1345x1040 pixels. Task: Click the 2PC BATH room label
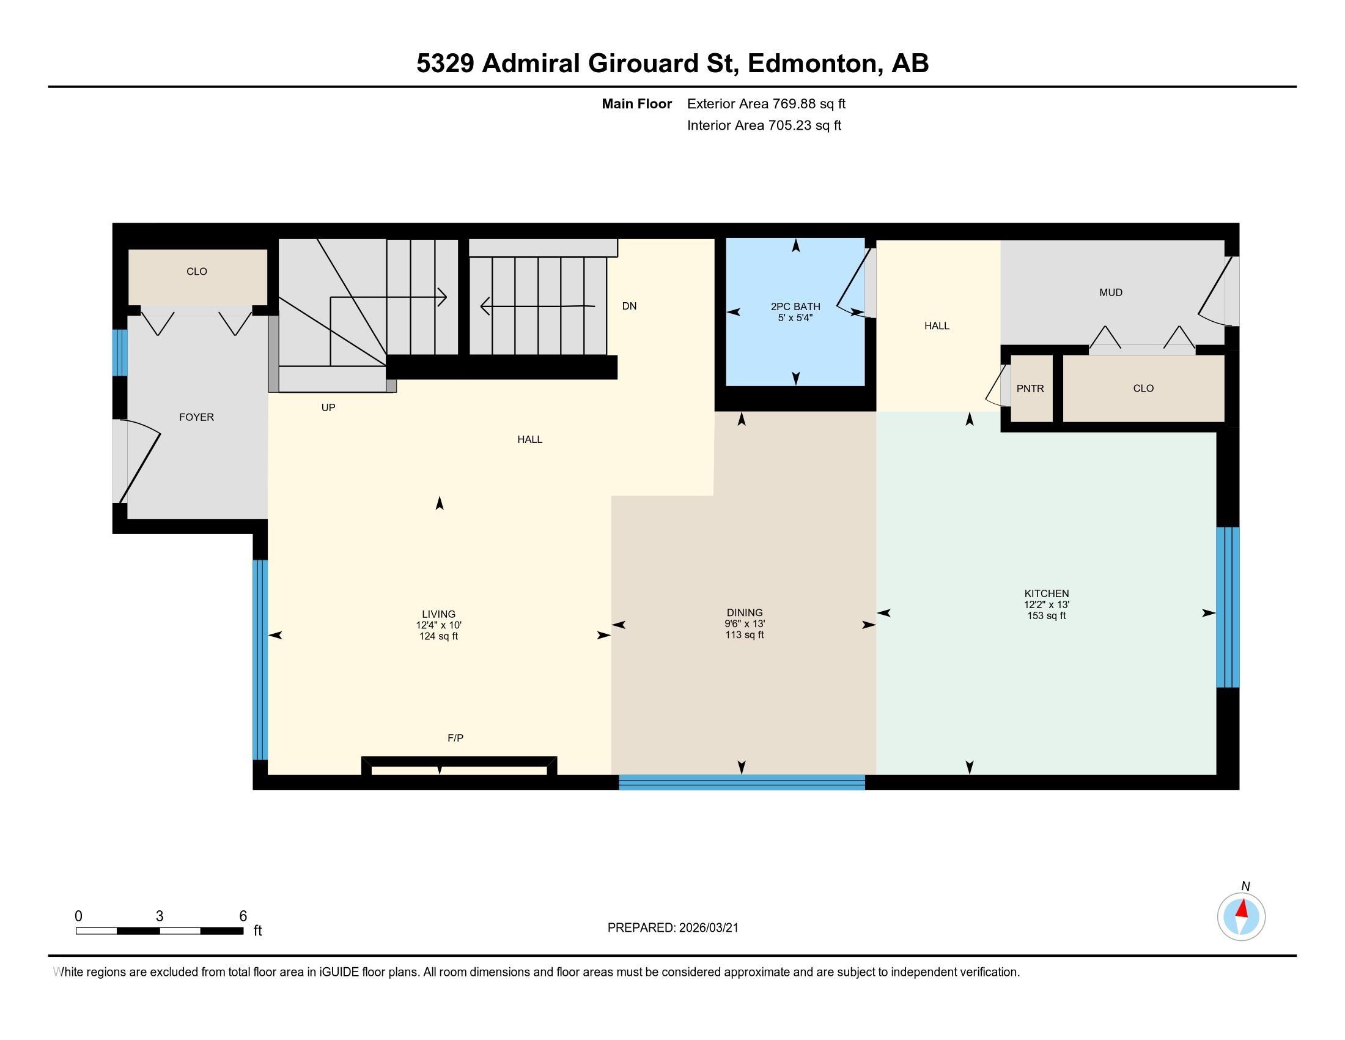point(795,306)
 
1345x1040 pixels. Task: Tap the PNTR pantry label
point(1030,388)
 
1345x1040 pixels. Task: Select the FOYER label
point(196,417)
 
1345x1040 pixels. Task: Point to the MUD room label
point(1111,292)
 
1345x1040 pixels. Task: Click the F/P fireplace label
point(455,738)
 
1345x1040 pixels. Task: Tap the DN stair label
point(629,306)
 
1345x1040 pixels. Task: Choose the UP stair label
point(328,407)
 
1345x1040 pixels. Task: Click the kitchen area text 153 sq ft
point(1046,615)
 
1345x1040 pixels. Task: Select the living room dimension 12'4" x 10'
point(438,625)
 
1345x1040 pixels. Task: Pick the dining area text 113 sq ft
point(745,634)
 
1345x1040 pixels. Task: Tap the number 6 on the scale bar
point(243,916)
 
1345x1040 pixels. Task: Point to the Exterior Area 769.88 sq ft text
point(766,104)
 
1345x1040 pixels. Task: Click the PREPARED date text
point(672,928)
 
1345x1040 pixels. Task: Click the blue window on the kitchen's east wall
point(1228,607)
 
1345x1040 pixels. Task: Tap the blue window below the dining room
point(742,782)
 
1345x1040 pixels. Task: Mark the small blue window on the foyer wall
point(119,353)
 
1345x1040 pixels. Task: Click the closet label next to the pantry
point(1143,388)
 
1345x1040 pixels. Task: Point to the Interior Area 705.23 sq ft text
point(764,125)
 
